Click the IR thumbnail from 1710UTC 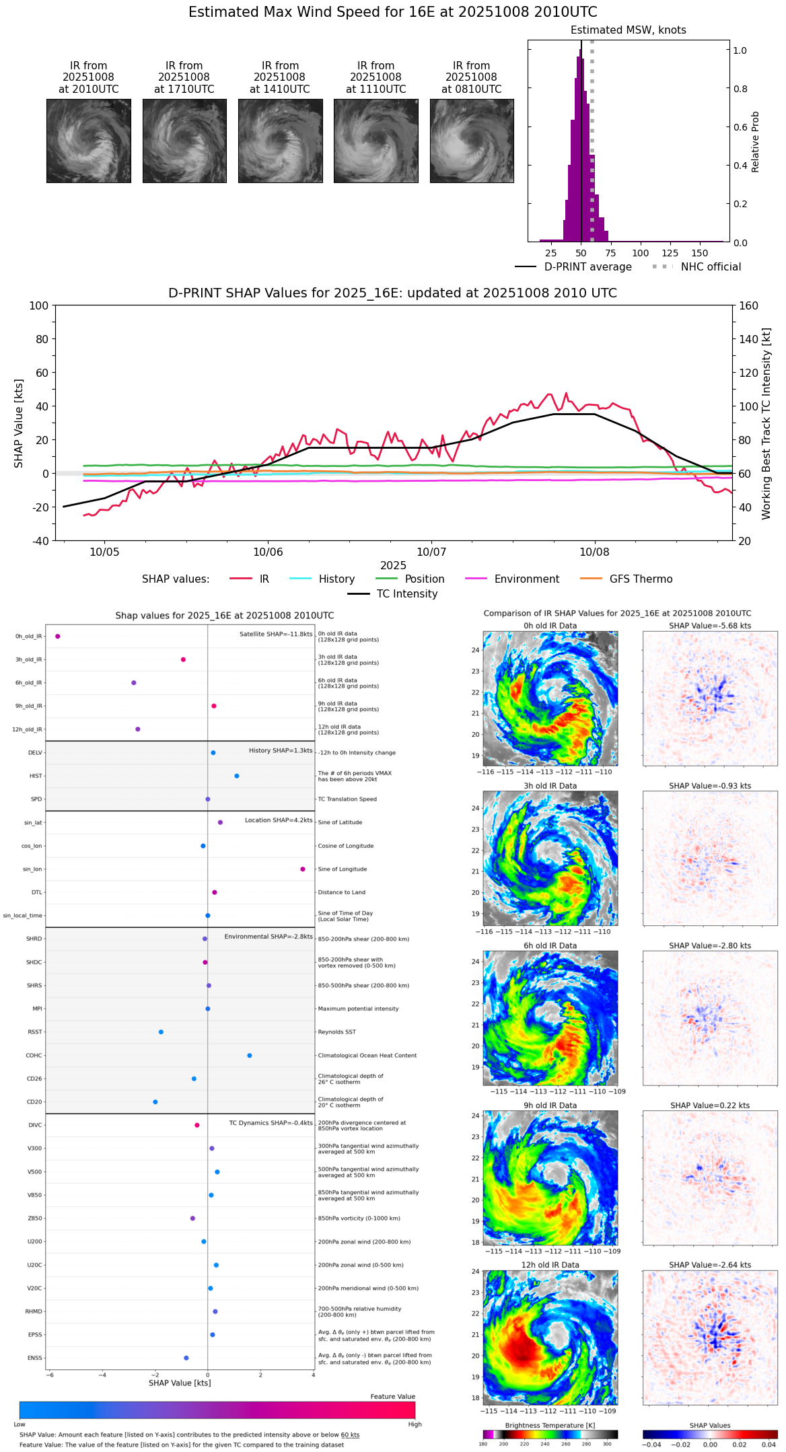pyautogui.click(x=184, y=141)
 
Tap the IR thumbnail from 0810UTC pyautogui.click(x=472, y=141)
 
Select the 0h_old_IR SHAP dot pyautogui.click(x=58, y=636)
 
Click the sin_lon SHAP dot pyautogui.click(x=303, y=869)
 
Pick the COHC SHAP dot pyautogui.click(x=250, y=1055)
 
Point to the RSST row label pyautogui.click(x=35, y=1031)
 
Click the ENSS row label pyautogui.click(x=35, y=1358)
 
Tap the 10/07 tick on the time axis pyautogui.click(x=431, y=552)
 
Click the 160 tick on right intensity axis pyautogui.click(x=748, y=305)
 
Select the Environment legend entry pyautogui.click(x=526, y=579)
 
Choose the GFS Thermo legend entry pyautogui.click(x=641, y=579)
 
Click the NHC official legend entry pyautogui.click(x=711, y=266)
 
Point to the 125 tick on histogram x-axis pyautogui.click(x=670, y=253)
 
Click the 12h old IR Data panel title pyautogui.click(x=550, y=1264)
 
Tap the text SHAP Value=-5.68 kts pyautogui.click(x=710, y=626)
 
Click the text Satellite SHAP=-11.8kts pyautogui.click(x=276, y=634)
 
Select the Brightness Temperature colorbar pyautogui.click(x=550, y=1434)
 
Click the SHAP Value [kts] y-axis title pyautogui.click(x=19, y=423)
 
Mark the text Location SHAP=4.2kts pyautogui.click(x=279, y=820)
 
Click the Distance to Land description pyautogui.click(x=341, y=892)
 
